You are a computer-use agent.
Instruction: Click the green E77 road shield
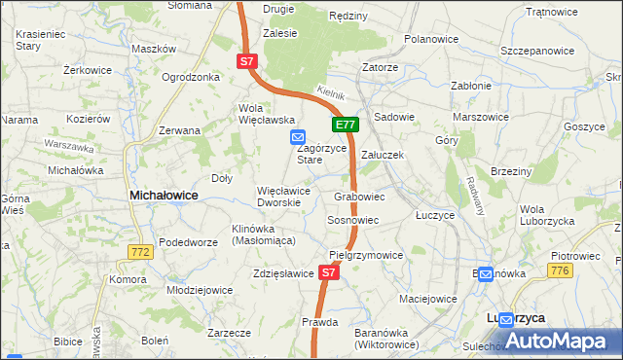click(347, 125)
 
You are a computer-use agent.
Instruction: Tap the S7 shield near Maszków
click(246, 61)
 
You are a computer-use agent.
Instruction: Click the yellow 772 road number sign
click(140, 252)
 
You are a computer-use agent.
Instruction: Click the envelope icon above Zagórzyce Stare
click(298, 138)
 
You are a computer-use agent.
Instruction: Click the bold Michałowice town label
click(164, 196)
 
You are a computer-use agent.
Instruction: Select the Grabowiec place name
click(359, 197)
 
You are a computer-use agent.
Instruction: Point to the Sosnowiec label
click(352, 221)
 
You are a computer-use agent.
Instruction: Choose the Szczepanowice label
click(535, 50)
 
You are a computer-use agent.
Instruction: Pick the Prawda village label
click(319, 322)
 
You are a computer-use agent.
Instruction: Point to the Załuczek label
click(383, 155)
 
